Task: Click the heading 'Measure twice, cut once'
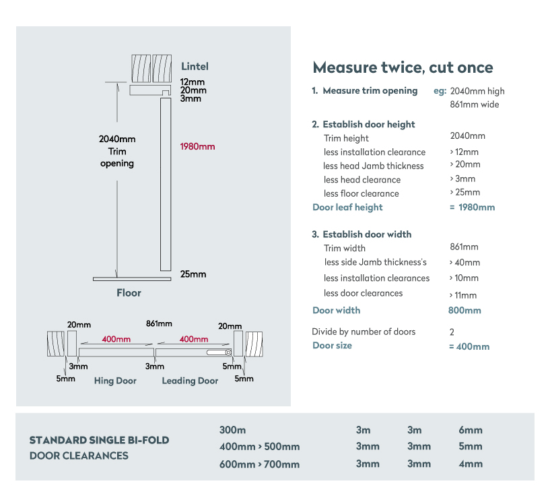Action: click(x=403, y=67)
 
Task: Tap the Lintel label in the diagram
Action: click(x=195, y=66)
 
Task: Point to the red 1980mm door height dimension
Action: click(x=197, y=146)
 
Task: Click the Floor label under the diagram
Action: click(x=129, y=293)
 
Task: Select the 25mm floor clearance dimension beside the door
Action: click(x=193, y=274)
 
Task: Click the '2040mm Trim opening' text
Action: click(x=117, y=152)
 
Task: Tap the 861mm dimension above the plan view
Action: click(x=159, y=323)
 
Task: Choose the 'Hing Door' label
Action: click(x=115, y=381)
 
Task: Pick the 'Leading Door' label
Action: click(x=190, y=381)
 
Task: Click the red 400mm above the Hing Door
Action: click(x=116, y=339)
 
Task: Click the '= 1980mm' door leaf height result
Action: click(x=472, y=207)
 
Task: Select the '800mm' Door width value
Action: click(x=465, y=311)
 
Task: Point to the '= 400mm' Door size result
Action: click(x=469, y=346)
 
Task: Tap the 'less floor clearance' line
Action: click(x=362, y=193)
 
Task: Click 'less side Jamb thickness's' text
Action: click(x=376, y=262)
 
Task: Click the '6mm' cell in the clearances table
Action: click(x=471, y=430)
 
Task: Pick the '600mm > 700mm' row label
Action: click(x=259, y=464)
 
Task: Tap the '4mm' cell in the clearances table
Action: click(x=471, y=464)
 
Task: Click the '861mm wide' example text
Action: click(x=474, y=104)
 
